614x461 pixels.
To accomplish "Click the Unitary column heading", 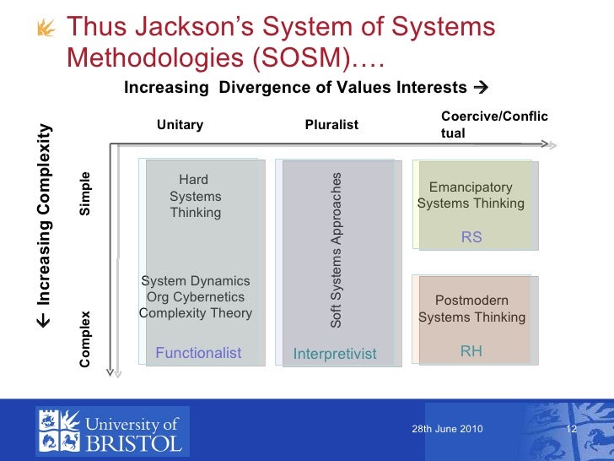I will pos(180,125).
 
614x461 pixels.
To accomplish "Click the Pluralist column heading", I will pos(331,125).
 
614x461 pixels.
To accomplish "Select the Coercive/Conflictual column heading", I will pos(493,125).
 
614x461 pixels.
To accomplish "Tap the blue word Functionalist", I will pos(198,353).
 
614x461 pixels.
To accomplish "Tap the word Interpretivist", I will pos(334,354).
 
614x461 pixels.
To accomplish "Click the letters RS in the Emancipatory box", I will pos(471,237).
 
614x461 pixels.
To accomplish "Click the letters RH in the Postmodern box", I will pos(471,350).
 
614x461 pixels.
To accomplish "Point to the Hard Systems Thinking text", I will pos(195,196).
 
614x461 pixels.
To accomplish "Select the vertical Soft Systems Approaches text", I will pos(336,250).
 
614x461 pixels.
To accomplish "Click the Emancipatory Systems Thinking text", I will pos(471,195).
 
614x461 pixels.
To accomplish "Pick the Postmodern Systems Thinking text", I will pos(471,308).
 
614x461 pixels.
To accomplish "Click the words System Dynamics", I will pos(195,280).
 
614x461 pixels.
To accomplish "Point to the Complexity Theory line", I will pos(195,313).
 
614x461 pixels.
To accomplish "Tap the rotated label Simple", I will pos(85,193).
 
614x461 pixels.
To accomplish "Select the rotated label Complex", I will pos(85,339).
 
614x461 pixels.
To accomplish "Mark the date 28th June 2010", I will pos(447,429).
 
